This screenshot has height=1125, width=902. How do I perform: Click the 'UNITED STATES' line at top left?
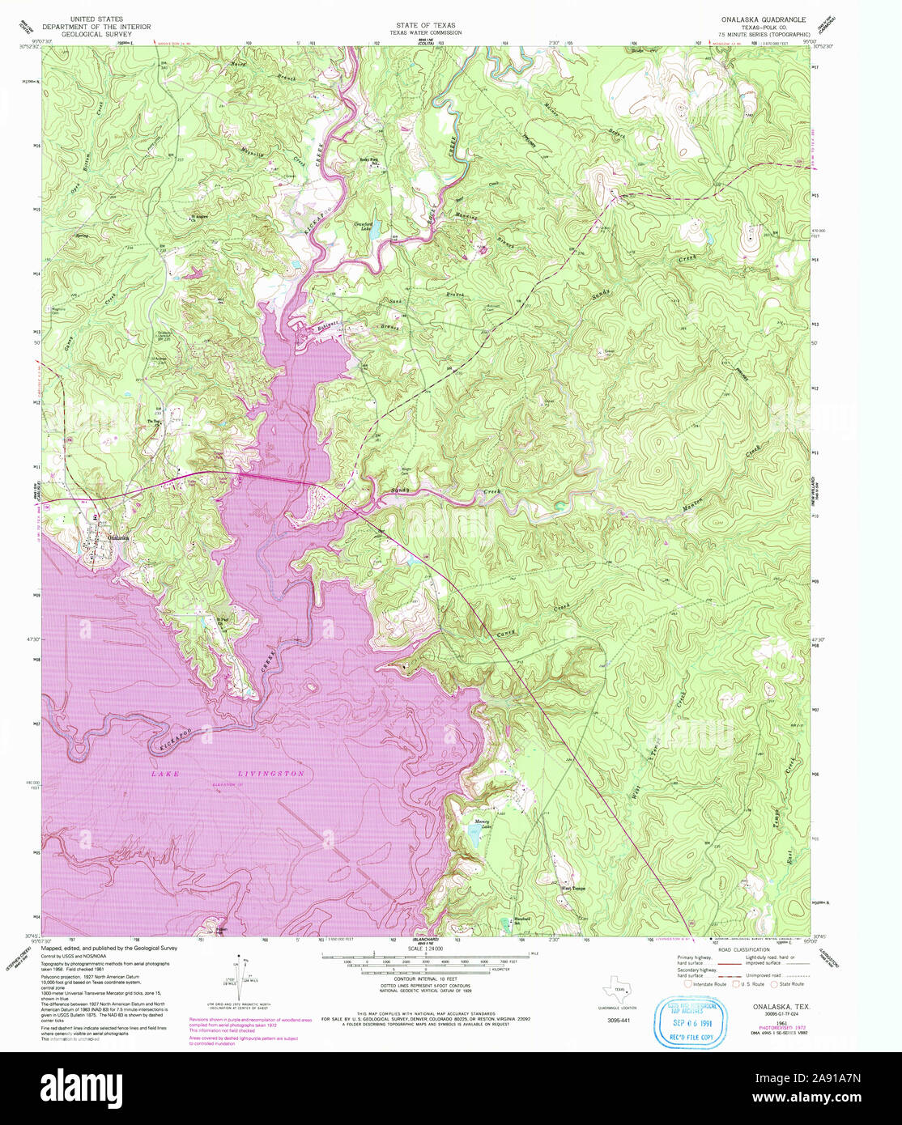97,18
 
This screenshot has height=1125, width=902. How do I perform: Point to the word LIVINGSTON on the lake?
271,775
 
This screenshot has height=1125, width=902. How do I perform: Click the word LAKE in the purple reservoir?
166,775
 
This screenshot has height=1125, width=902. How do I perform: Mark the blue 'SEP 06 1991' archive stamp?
686,1023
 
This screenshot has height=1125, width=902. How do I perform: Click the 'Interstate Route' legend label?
710,984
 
